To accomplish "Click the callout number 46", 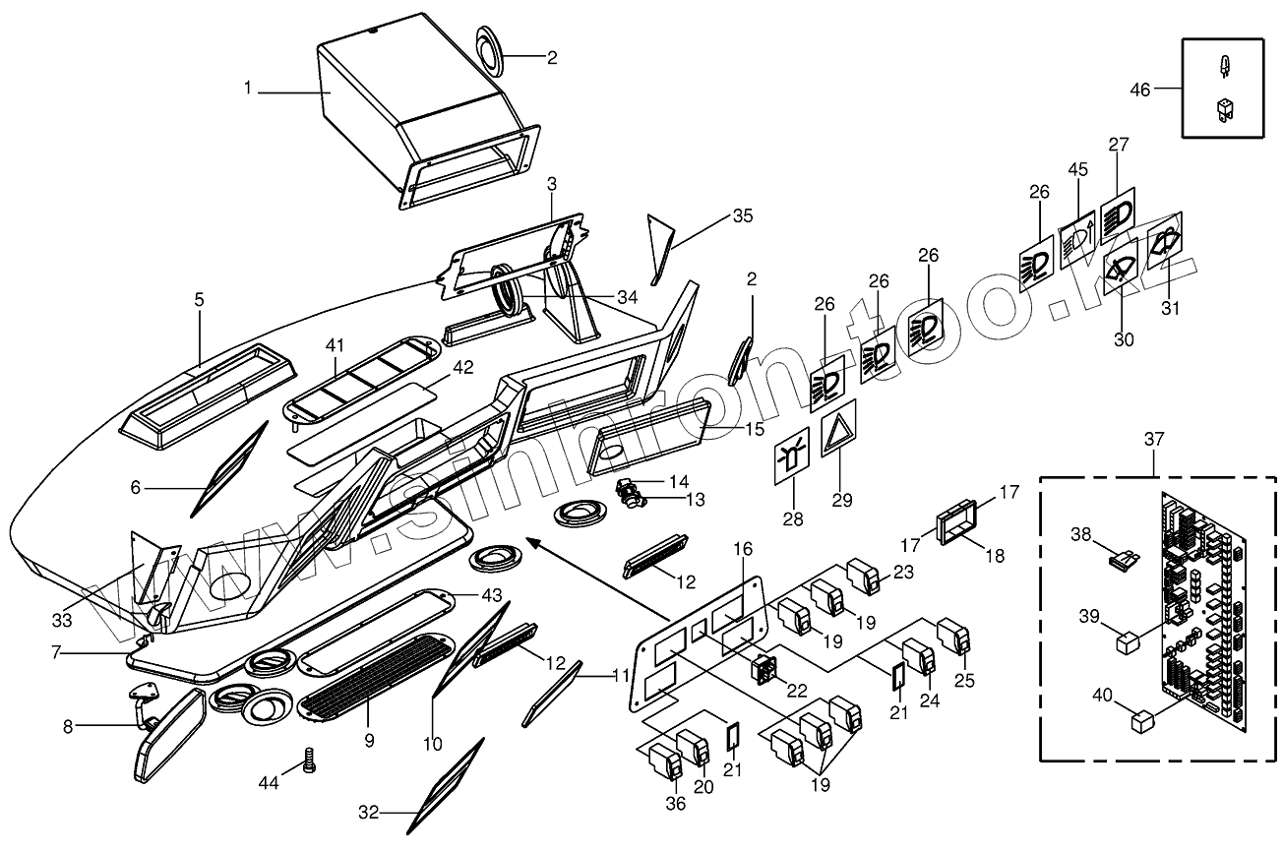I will click(x=1139, y=90).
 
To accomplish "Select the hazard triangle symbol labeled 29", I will click(x=838, y=431).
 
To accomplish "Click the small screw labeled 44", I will click(x=308, y=760).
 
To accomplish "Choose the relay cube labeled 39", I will click(x=1128, y=643).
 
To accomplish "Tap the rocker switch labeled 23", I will click(x=863, y=578).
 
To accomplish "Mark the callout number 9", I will click(x=369, y=741).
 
